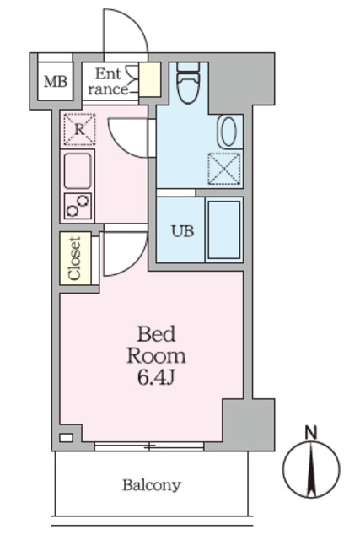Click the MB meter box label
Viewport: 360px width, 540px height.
[x=56, y=82]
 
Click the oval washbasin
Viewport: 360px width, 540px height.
[x=228, y=132]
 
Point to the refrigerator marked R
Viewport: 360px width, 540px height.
[x=79, y=130]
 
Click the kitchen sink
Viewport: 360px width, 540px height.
[x=79, y=171]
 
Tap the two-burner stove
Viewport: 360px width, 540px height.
[x=78, y=205]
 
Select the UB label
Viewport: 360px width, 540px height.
[x=183, y=230]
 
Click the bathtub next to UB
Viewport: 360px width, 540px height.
[x=224, y=229]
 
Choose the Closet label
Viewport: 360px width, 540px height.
[x=74, y=258]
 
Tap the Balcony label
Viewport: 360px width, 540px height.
[x=151, y=485]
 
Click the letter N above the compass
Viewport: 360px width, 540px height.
[x=311, y=433]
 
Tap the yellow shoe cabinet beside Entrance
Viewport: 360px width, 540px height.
[x=150, y=79]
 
